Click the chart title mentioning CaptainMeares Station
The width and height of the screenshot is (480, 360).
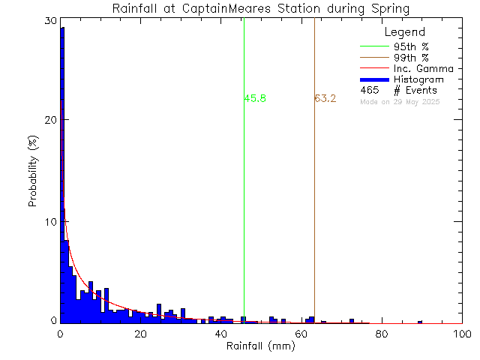[261, 9]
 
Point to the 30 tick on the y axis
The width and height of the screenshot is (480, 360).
[50, 21]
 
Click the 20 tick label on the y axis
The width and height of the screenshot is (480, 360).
[50, 121]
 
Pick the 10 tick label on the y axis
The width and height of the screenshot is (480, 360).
[50, 222]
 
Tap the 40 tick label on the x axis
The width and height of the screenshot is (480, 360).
[220, 334]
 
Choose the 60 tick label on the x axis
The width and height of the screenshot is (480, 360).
[301, 334]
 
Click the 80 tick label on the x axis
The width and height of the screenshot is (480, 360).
[381, 334]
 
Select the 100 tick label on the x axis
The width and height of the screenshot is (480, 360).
[461, 334]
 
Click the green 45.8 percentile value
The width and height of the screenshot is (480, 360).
[255, 98]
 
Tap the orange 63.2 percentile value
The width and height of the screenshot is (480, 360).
[325, 98]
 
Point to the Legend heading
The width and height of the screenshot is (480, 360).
[404, 33]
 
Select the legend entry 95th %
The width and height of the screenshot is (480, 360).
[412, 46]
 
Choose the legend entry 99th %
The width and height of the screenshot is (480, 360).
[412, 58]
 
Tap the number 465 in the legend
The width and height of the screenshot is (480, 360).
[368, 90]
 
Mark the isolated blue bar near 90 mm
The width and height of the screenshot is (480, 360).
[420, 322]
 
